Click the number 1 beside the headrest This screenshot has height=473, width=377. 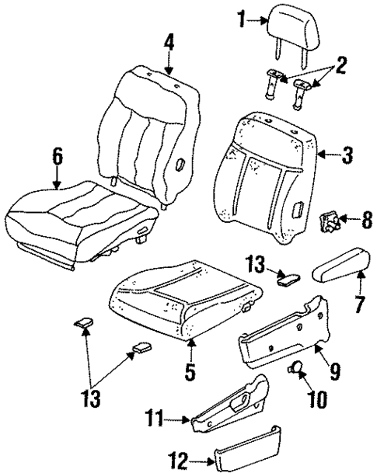pyautogui.click(x=241, y=19)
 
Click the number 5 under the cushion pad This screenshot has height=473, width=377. pyautogui.click(x=57, y=158)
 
